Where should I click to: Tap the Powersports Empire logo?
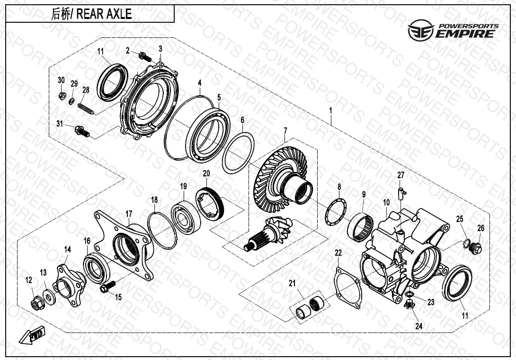pos(453,30)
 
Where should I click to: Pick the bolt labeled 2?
pos(145,57)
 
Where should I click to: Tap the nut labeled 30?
pos(61,96)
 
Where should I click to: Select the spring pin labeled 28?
pos(86,109)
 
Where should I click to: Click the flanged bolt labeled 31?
pos(82,131)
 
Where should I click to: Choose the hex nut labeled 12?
pos(36,302)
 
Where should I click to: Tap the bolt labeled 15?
pos(108,287)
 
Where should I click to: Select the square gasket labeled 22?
pos(348,288)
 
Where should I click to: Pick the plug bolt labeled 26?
pos(476,248)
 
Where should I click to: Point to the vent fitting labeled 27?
pos(401,192)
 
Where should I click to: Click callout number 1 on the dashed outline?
pos(331,110)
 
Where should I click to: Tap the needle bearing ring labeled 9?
pos(361,227)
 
